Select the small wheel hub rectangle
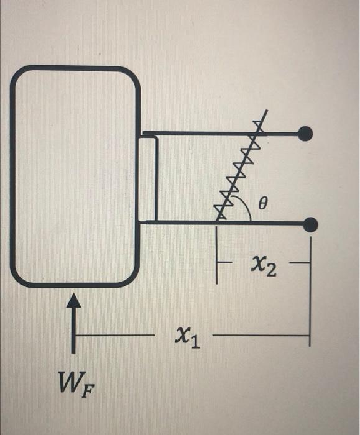(147, 179)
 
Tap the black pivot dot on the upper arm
(306, 133)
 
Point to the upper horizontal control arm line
(205, 133)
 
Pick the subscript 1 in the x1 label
(195, 342)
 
